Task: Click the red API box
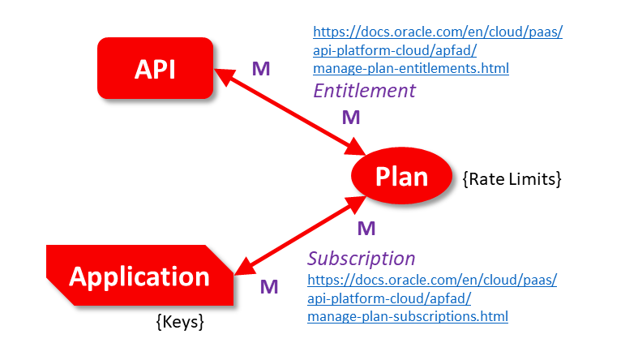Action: coord(155,69)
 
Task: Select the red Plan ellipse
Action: coord(400,175)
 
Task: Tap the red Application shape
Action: coord(139,276)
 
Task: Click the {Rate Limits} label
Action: coord(512,178)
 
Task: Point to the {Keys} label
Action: coord(179,322)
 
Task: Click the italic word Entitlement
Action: coord(364,90)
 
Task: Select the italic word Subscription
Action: coord(362,259)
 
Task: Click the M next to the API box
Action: coord(260,68)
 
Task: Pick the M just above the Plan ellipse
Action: coord(351,118)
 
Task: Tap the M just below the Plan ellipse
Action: coord(366,227)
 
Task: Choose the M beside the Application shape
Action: coord(269,285)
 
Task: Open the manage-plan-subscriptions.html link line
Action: coord(408,316)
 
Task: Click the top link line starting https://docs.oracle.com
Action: coord(438,32)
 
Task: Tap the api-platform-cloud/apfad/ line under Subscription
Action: coord(389,298)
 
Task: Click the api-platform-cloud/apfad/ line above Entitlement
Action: coord(395,50)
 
